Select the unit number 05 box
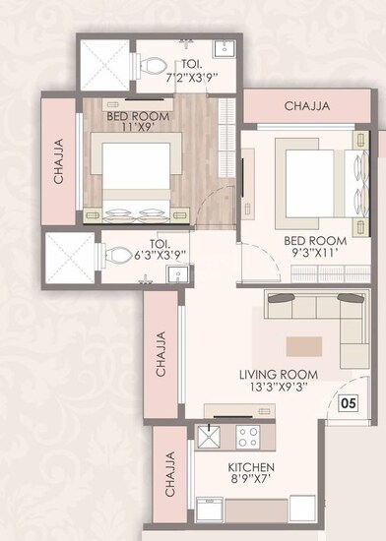[x=347, y=401]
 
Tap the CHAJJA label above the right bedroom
[x=307, y=106]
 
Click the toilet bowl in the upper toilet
[x=152, y=65]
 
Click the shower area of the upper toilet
[x=104, y=65]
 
